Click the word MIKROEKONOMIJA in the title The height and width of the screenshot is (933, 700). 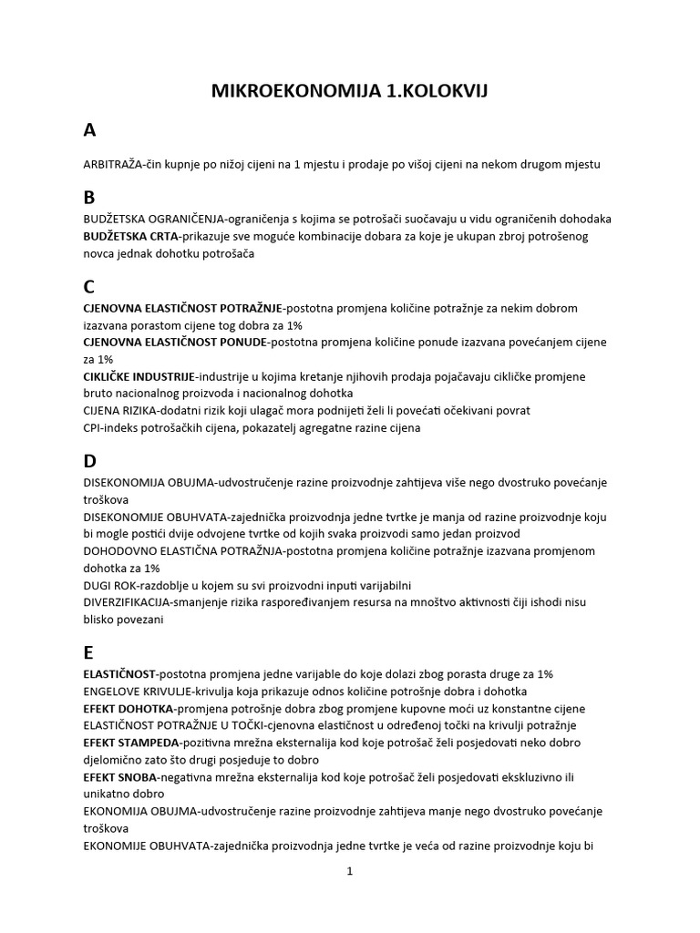pyautogui.click(x=282, y=91)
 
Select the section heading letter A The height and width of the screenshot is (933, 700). pyautogui.click(x=89, y=130)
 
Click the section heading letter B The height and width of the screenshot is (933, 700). pyautogui.click(x=88, y=198)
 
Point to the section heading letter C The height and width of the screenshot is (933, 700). pyautogui.click(x=88, y=287)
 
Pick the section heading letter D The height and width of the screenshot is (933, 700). pyautogui.click(x=89, y=461)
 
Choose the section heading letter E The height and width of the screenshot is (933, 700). pyautogui.click(x=88, y=652)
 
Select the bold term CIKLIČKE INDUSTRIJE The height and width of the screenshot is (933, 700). pyautogui.click(x=139, y=376)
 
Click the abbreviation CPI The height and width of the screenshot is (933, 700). pyautogui.click(x=91, y=428)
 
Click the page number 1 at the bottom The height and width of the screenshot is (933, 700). pyautogui.click(x=350, y=871)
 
